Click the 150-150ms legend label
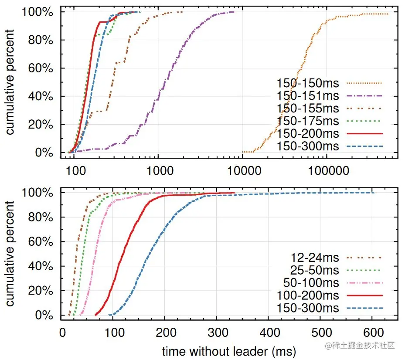click(x=308, y=83)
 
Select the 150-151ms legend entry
click(x=308, y=95)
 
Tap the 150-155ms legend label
click(x=308, y=108)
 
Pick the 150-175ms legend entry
click(x=308, y=121)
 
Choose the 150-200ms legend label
click(x=308, y=133)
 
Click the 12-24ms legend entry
click(x=315, y=258)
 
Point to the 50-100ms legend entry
click(x=311, y=283)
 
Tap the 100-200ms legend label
click(x=308, y=295)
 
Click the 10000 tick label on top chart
click(x=242, y=170)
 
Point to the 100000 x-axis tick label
click(x=326, y=170)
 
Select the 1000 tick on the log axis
click(x=158, y=170)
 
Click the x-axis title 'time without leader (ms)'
click(x=229, y=351)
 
